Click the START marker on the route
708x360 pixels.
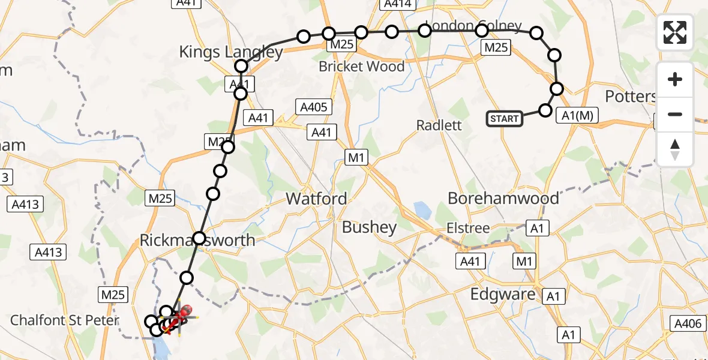coord(504,118)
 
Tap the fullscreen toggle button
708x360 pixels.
coord(675,32)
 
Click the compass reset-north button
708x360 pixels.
coord(675,149)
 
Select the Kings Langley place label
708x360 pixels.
coord(230,52)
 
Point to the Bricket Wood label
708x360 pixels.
coord(361,67)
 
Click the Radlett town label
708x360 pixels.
coord(439,125)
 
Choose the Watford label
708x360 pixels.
coord(316,199)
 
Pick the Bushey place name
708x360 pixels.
coord(369,227)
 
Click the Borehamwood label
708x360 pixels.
coord(503,198)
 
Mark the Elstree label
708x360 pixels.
coord(468,228)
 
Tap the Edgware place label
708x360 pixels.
coord(503,294)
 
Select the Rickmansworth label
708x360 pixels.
coord(197,241)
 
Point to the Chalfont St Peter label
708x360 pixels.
coord(65,320)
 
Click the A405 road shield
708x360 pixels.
coord(313,107)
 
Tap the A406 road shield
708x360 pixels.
coord(688,324)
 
